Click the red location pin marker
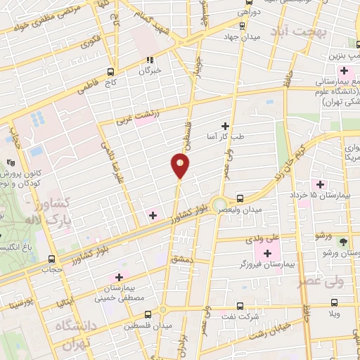click(179, 167)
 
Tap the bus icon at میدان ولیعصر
click(240, 198)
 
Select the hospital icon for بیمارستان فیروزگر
click(267, 252)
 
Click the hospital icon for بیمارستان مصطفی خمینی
click(118, 276)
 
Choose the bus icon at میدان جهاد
click(242, 26)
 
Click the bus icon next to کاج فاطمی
click(110, 71)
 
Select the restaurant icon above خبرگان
click(149, 60)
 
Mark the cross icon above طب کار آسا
click(225, 125)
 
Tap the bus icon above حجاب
click(51, 258)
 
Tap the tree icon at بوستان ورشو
click(343, 240)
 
